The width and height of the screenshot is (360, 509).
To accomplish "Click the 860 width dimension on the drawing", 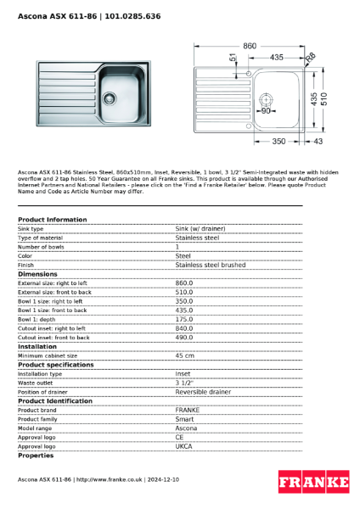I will point(250,46).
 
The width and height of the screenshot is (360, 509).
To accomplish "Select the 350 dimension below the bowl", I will point(278,141).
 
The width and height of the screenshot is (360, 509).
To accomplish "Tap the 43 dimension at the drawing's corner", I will point(318,141).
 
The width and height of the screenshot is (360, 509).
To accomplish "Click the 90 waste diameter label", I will point(266,110).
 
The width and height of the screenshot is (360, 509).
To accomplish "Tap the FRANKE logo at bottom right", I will point(313,483).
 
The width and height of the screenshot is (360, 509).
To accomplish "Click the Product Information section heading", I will point(52,220).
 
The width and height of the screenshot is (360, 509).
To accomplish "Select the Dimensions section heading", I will point(37,274).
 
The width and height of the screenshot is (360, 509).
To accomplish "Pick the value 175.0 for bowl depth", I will point(184,319).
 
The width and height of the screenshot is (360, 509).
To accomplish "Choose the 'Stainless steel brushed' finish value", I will point(210,265).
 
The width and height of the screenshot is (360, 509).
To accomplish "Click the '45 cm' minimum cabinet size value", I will point(184,355).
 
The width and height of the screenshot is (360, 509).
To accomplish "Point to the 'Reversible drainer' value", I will point(203,392).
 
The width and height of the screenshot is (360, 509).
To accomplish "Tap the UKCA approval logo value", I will point(185,446).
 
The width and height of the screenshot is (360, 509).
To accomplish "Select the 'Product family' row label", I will point(38,419).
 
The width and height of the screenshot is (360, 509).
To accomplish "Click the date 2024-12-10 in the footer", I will point(163,480).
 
